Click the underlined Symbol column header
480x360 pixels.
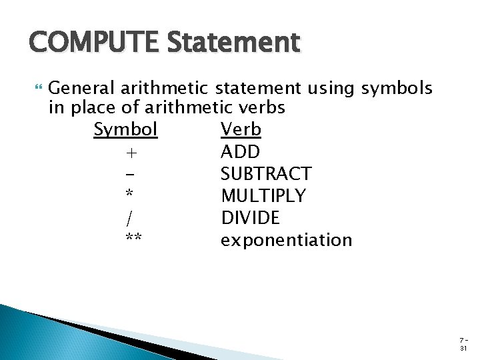[x=125, y=129]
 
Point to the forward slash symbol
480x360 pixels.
[x=128, y=218]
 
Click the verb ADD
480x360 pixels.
[x=240, y=151]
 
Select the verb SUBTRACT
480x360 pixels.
[x=265, y=174]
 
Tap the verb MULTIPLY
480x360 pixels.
[x=263, y=196]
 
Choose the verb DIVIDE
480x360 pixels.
[x=251, y=218]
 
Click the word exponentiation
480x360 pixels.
[x=286, y=240]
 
